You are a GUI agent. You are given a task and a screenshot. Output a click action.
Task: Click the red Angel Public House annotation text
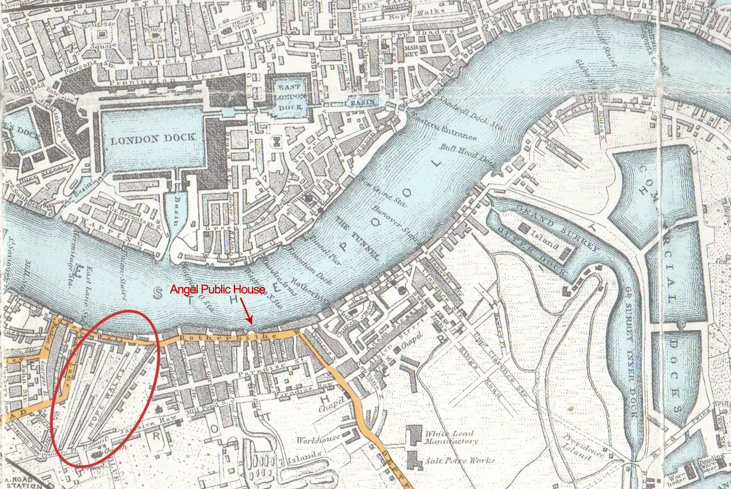(217, 290)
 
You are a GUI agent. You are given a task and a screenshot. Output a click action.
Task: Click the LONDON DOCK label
(153, 139)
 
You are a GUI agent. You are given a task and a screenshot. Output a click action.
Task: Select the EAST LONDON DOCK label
(290, 96)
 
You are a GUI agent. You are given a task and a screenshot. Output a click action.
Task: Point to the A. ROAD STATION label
(20, 482)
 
